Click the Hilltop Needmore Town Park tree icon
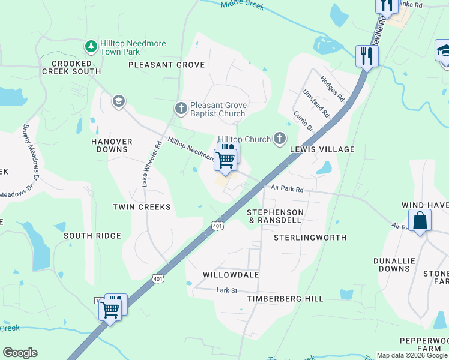point(91,46)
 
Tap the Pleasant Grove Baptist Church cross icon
point(181,109)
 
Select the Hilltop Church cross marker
point(279,139)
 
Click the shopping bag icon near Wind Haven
point(420,220)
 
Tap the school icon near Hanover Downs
point(118,101)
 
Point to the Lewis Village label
point(322,149)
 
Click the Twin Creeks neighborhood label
point(142,207)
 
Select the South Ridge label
point(92,236)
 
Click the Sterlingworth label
point(310,238)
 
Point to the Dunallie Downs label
point(391,265)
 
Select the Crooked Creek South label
point(71,67)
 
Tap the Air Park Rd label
point(287,188)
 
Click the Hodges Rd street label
point(332,88)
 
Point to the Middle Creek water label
point(242,5)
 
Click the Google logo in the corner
point(20,353)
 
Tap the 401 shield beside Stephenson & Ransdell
point(218,226)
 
